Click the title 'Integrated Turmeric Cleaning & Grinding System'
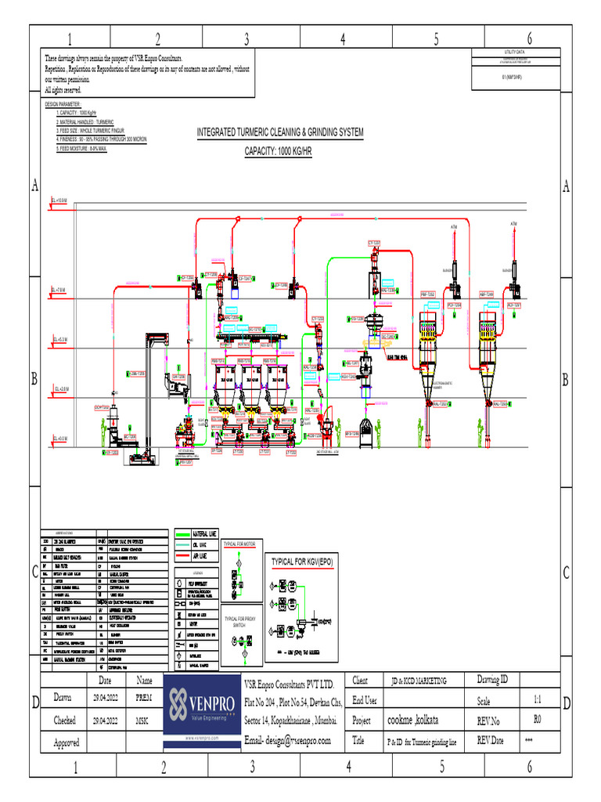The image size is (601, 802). (x=280, y=133)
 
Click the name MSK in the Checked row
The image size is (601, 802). (x=143, y=720)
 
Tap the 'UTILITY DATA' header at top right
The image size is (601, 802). (x=514, y=51)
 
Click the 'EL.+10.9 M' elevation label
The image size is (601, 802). (x=59, y=201)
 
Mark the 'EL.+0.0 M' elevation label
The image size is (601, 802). (x=59, y=439)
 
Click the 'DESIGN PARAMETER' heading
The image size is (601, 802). (x=63, y=103)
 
